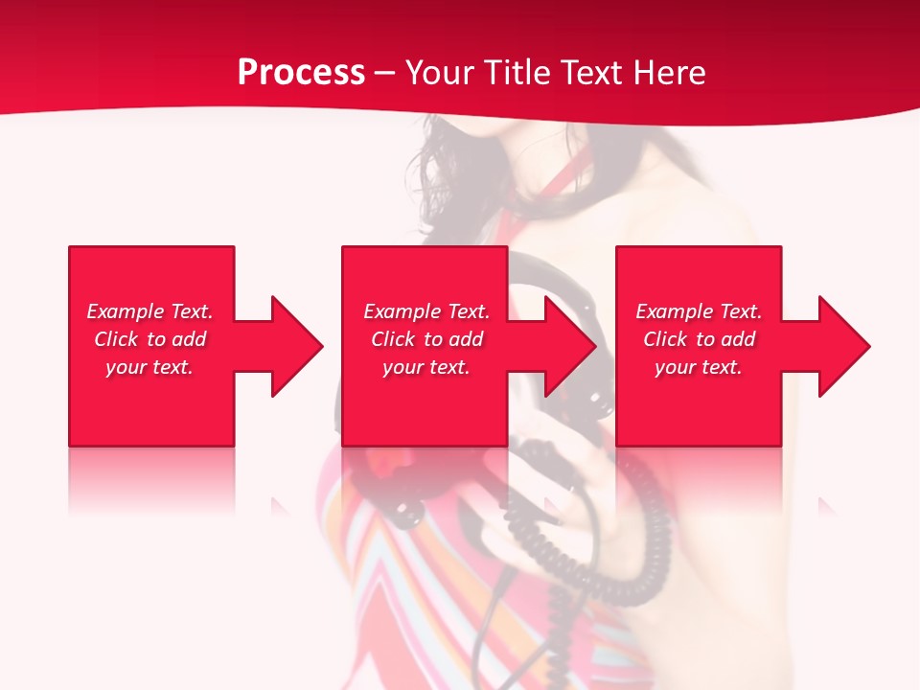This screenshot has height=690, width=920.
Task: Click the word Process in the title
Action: click(x=301, y=73)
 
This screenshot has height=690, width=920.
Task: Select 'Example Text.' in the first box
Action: click(x=149, y=311)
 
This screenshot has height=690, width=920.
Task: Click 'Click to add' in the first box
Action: click(x=149, y=339)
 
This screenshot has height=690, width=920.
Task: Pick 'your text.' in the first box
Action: click(x=149, y=367)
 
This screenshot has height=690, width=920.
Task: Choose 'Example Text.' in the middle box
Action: click(x=426, y=311)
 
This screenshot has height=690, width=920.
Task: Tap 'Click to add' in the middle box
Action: click(x=426, y=339)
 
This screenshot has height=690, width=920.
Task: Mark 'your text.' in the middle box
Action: click(x=426, y=367)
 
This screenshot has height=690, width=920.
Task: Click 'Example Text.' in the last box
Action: click(x=699, y=311)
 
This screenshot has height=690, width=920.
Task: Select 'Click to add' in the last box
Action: click(x=699, y=339)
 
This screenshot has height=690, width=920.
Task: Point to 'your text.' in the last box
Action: click(x=699, y=367)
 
